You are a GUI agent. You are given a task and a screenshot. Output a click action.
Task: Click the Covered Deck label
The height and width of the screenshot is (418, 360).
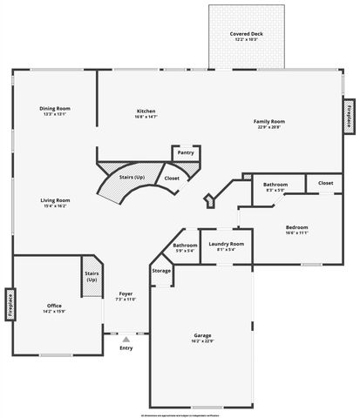[240, 34]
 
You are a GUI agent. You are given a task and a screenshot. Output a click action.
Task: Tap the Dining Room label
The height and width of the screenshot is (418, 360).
[55, 109]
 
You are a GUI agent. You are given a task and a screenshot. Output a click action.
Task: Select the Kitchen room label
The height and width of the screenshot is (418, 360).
[146, 111]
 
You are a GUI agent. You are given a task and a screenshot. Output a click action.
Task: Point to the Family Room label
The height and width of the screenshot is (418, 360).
[269, 121]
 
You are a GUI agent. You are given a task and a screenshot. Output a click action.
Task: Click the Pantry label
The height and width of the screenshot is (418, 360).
[186, 152]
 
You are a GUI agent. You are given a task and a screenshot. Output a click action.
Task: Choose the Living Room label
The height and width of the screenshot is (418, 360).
[55, 200]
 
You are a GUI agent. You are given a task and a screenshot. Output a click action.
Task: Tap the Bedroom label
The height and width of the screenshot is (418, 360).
[296, 227]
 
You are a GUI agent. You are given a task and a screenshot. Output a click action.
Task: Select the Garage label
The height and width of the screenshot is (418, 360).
[202, 334]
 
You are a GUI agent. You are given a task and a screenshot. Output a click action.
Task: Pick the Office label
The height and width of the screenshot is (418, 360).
[54, 306]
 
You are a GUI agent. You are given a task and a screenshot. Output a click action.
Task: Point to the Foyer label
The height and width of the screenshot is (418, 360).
[126, 294]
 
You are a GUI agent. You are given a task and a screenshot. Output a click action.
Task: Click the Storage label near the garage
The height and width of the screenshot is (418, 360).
[161, 271]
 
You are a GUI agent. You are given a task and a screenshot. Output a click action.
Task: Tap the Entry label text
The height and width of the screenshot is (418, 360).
[126, 348]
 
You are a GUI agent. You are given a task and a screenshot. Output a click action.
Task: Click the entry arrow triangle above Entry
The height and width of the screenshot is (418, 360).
[126, 338]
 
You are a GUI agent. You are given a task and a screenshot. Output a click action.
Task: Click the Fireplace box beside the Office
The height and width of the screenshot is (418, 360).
[10, 305]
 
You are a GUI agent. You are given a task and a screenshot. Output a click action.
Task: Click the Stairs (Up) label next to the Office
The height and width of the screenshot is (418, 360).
[92, 276]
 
